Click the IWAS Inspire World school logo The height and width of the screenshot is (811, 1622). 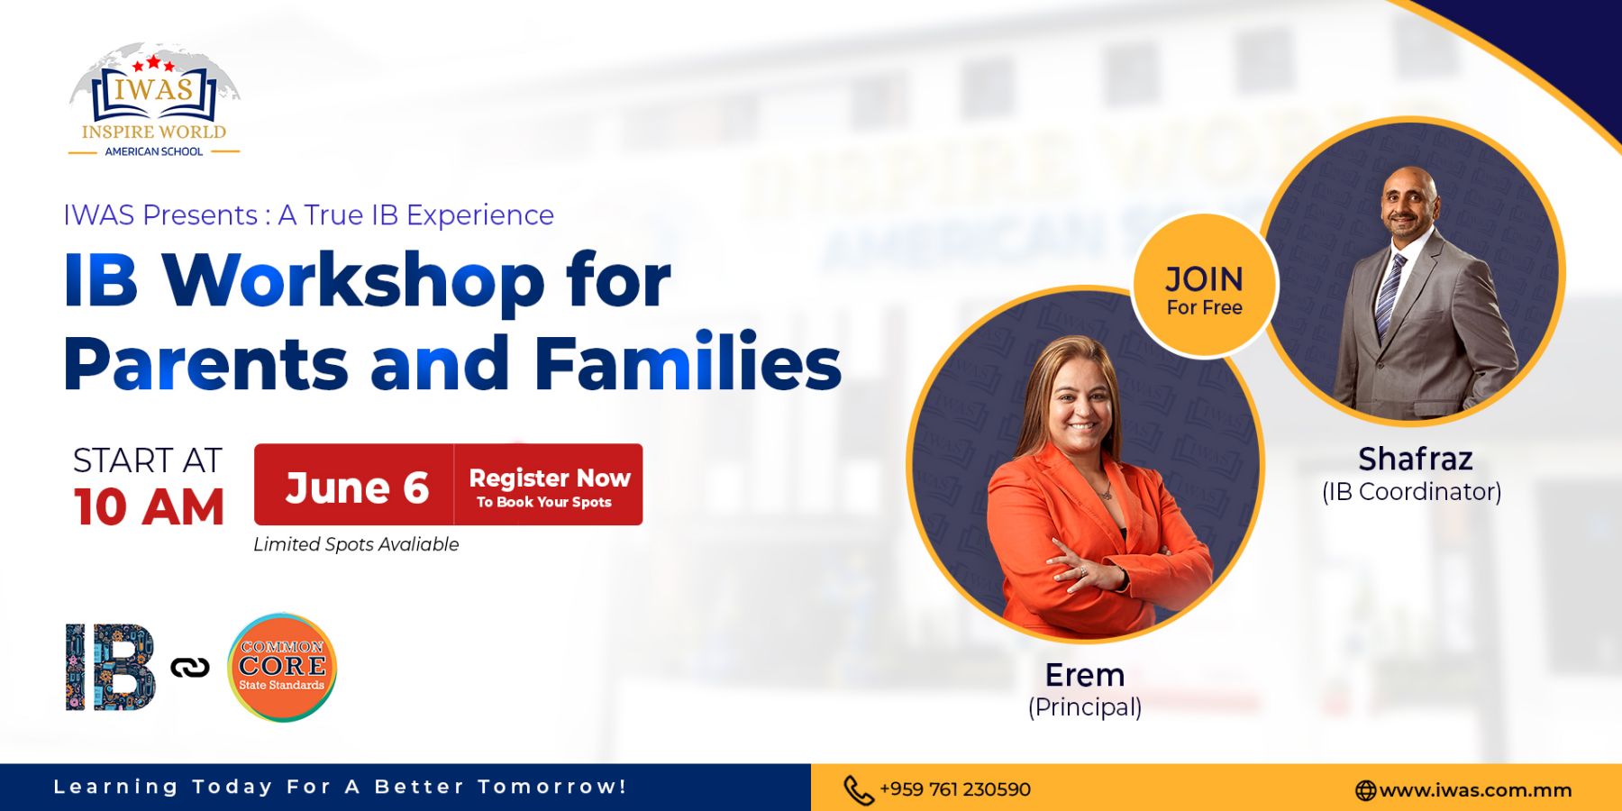click(154, 101)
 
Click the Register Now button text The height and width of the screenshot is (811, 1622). click(550, 478)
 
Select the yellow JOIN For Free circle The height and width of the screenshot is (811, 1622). click(1204, 286)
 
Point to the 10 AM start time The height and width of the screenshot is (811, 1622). click(149, 506)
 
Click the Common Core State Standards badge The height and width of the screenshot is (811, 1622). click(282, 667)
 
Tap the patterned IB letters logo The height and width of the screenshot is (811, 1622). click(110, 667)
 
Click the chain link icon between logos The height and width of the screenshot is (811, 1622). click(190, 668)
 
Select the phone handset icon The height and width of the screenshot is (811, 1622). click(858, 790)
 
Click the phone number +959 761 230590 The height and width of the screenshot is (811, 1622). click(955, 789)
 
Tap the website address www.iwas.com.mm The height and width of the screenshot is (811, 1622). click(1475, 790)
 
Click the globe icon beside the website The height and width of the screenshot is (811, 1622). click(1365, 790)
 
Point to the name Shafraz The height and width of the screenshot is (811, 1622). click(1415, 459)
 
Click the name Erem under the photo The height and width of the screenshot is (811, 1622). click(1085, 675)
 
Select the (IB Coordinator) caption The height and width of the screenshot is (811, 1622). click(1411, 491)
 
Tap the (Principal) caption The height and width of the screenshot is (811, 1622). click(1085, 706)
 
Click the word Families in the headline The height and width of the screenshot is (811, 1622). click(688, 363)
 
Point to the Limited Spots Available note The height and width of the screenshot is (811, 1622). click(356, 544)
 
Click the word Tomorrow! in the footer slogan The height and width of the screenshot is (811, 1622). click(551, 787)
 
